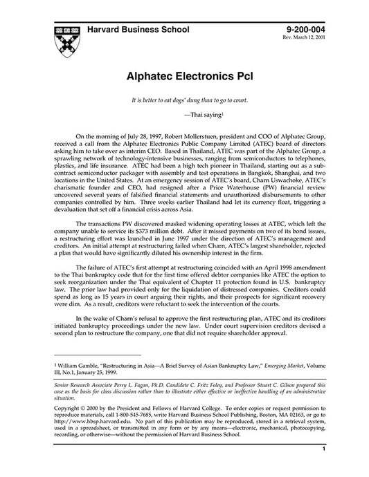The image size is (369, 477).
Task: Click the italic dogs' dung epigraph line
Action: pos(184,100)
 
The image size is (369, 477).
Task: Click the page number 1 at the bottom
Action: pos(323,469)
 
